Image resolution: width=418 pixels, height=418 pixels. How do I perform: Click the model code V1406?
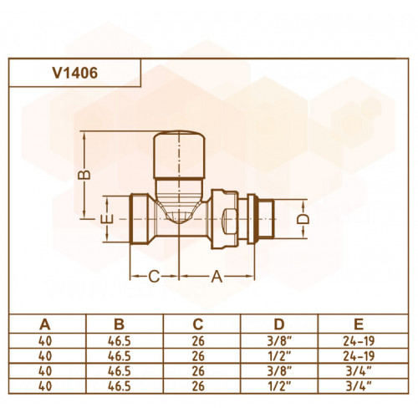point(75,73)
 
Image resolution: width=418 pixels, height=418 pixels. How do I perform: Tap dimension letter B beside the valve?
point(84,175)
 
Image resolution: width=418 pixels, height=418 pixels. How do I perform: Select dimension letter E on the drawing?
point(107,219)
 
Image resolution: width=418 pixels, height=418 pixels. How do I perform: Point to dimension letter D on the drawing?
point(303,219)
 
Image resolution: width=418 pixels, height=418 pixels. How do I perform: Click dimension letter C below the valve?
point(154,277)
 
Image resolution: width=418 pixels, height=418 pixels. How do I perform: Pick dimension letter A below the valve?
point(217,277)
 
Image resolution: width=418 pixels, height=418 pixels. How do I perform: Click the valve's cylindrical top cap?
point(180,154)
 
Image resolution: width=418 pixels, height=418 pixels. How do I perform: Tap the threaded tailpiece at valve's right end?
point(266,219)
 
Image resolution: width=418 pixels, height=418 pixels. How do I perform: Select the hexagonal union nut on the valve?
point(225,219)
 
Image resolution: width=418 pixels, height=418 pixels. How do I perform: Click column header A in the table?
point(45,324)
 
